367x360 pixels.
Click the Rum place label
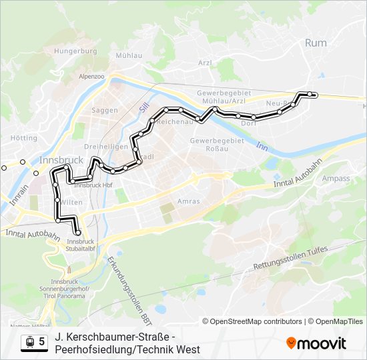click(316, 43)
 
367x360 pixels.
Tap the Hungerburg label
click(75, 51)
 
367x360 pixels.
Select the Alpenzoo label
click(91, 77)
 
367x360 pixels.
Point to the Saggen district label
click(105, 110)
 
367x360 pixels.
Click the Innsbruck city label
click(61, 160)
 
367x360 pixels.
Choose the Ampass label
click(336, 179)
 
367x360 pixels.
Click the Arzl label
click(205, 63)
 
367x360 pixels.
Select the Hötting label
click(24, 138)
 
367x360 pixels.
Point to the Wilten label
click(73, 201)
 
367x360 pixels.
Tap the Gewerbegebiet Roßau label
click(217, 145)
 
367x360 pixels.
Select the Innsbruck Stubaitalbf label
click(81, 245)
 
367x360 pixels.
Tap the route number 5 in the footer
click(42, 342)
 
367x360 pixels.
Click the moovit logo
click(316, 343)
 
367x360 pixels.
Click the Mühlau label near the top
click(128, 56)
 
